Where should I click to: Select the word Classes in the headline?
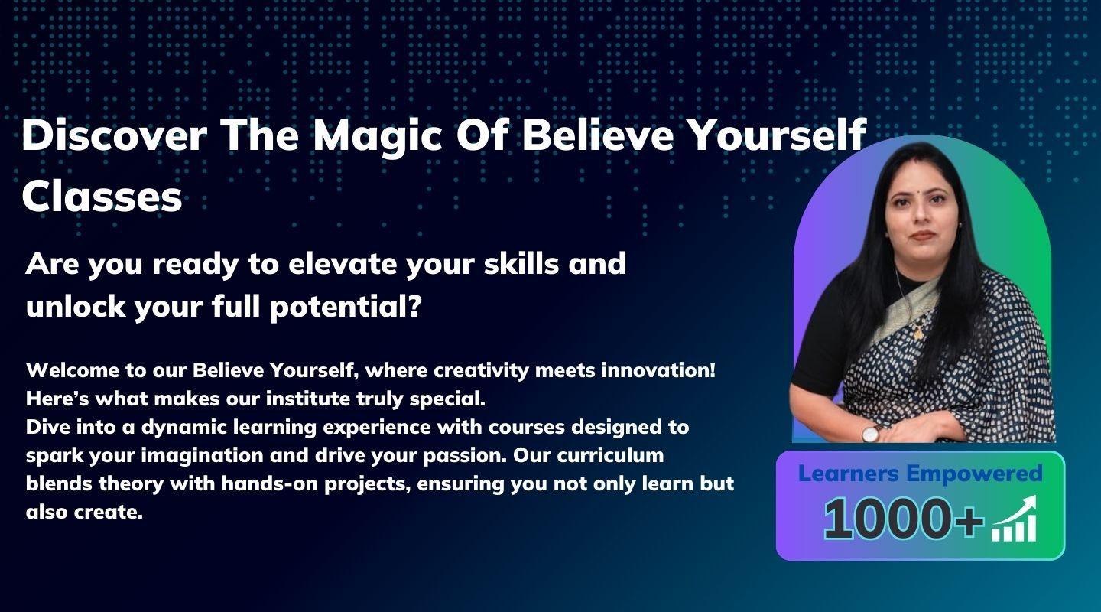(102, 197)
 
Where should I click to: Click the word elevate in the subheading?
(343, 264)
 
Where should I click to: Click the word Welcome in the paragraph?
(72, 370)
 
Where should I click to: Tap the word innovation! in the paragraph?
(658, 370)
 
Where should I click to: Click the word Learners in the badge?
(849, 474)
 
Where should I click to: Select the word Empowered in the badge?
(974, 474)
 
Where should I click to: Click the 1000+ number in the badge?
(904, 519)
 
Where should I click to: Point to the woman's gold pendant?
(917, 333)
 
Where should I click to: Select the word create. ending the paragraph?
(108, 513)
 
